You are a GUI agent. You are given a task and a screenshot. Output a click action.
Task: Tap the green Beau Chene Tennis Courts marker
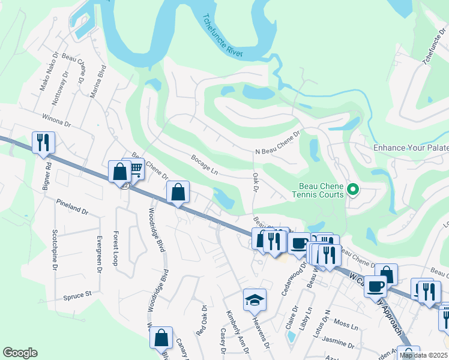pos(353,190)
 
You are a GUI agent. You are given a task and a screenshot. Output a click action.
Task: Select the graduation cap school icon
pos(255,299)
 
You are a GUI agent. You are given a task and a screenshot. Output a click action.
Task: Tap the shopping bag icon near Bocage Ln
pos(178,193)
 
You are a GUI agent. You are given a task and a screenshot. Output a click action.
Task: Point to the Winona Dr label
pos(56,120)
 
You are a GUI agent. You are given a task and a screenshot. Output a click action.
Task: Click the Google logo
pos(20,352)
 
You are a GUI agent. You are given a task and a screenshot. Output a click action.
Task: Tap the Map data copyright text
pos(424,355)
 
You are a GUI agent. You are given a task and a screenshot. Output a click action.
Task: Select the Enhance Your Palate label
pos(411,148)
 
